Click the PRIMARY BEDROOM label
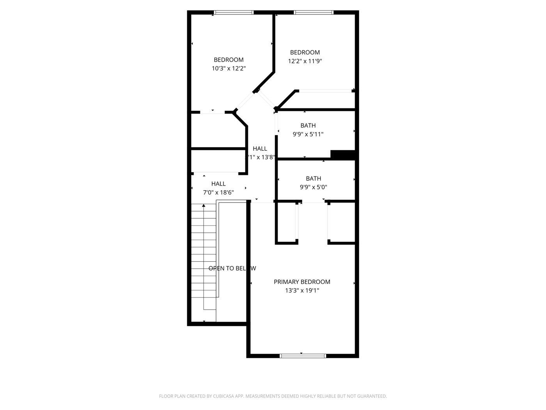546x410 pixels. pyautogui.click(x=302, y=282)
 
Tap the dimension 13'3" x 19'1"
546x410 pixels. pyautogui.click(x=302, y=291)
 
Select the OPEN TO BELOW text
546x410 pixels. pyautogui.click(x=232, y=268)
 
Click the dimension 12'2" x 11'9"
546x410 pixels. pyautogui.click(x=305, y=61)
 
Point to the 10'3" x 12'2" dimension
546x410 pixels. pyautogui.click(x=229, y=68)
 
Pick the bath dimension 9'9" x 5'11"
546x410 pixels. pyautogui.click(x=308, y=134)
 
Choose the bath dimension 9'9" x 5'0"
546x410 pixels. pyautogui.click(x=313, y=187)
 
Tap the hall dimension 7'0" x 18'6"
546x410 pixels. pyautogui.click(x=218, y=192)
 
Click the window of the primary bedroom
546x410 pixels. pyautogui.click(x=303, y=356)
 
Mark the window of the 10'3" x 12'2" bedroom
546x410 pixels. pyautogui.click(x=234, y=12)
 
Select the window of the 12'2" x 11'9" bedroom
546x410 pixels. pyautogui.click(x=314, y=12)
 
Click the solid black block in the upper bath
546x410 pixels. pyautogui.click(x=342, y=155)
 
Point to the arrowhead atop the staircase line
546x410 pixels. pyautogui.click(x=204, y=205)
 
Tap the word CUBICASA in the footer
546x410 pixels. pyautogui.click(x=223, y=396)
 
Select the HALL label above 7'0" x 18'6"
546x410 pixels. pyautogui.click(x=218, y=184)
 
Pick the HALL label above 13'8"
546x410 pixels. pyautogui.click(x=260, y=148)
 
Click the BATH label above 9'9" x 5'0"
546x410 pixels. pyautogui.click(x=313, y=178)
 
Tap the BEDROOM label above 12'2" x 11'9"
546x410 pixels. pyautogui.click(x=305, y=52)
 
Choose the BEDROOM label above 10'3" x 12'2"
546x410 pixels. pyautogui.click(x=229, y=60)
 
